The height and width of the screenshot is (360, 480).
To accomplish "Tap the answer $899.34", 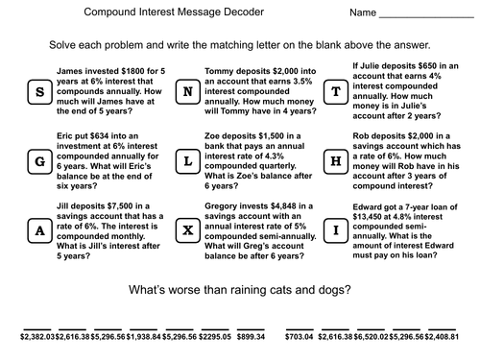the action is point(251,337).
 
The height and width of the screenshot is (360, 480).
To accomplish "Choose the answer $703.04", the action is point(300,337).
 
